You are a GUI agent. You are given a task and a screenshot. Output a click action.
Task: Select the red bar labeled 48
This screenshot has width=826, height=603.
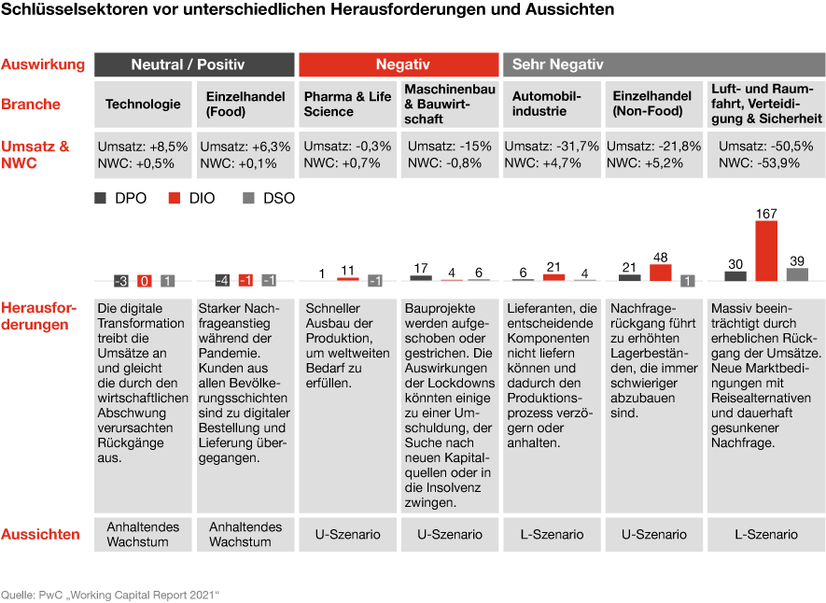tap(661, 273)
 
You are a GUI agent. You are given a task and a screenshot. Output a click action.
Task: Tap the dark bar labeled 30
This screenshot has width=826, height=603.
tap(735, 275)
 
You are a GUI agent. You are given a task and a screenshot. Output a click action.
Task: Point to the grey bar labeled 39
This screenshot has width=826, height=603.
tap(797, 274)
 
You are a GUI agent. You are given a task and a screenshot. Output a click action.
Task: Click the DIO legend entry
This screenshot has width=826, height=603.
tap(191, 199)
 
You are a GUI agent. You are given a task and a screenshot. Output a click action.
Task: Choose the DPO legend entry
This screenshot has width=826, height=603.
tap(119, 199)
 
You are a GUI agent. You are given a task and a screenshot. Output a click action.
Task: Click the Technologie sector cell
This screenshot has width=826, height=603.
tap(143, 104)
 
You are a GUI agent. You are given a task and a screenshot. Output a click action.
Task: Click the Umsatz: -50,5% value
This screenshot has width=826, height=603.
tap(765, 147)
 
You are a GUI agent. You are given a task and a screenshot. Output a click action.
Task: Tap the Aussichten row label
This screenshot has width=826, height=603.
tap(41, 535)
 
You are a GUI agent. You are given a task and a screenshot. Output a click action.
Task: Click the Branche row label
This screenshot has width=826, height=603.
tap(31, 104)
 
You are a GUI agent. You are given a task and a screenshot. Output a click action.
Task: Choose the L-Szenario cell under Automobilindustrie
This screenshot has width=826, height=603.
tap(552, 535)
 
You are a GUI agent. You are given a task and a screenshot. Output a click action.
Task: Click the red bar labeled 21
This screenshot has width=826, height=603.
tap(553, 277)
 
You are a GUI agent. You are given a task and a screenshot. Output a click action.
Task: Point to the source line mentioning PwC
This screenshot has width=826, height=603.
tap(110, 594)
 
